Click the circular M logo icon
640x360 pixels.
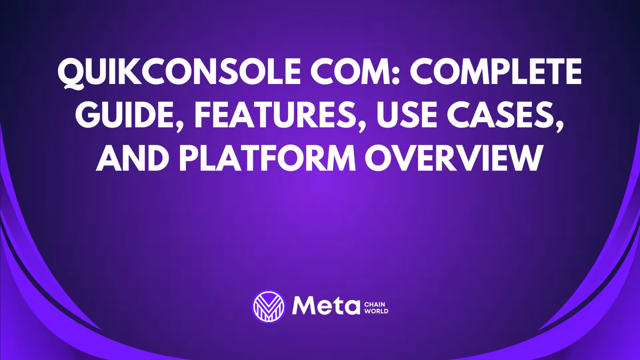click(269, 306)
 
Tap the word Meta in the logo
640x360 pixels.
click(325, 306)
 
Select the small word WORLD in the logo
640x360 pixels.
click(376, 311)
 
